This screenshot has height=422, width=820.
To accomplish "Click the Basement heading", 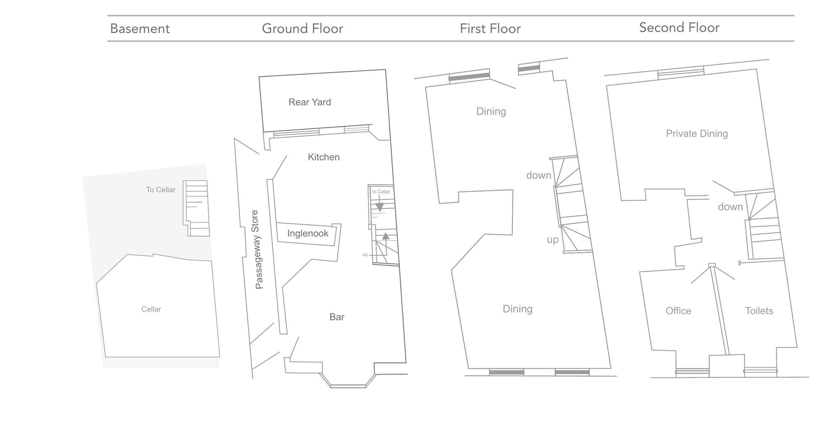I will pos(140,29).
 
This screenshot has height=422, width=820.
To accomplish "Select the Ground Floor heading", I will pos(302,29).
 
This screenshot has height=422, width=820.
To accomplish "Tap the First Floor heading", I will pos(490,29).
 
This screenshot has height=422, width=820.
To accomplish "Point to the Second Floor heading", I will pos(679,28).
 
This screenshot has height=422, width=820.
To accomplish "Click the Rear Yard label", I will pos(310,102).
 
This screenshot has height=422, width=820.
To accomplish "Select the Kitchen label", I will pos(324,157).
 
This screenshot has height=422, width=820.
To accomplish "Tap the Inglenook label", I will pos(307,234).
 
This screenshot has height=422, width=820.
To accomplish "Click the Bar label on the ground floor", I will pos(337,317).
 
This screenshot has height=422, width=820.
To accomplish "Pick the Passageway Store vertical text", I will pos(258,249).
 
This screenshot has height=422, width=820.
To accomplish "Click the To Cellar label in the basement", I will pos(161,190).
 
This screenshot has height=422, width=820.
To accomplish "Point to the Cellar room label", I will pos(151,309).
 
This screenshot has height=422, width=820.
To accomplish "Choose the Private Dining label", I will pos(697,134).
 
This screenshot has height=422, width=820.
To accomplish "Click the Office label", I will pos(678,311).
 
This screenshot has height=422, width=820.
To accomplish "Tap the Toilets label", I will pos(759,311).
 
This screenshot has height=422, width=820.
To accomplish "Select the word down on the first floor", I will pos(539,176).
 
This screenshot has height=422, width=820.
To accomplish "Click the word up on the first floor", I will pos(553,240).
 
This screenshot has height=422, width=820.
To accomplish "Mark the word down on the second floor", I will pos(730,207).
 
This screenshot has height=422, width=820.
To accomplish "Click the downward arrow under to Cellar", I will pos(380,207).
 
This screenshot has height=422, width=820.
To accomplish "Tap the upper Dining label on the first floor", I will pos(491,111).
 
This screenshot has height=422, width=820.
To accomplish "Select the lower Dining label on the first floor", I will pos(517,309).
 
